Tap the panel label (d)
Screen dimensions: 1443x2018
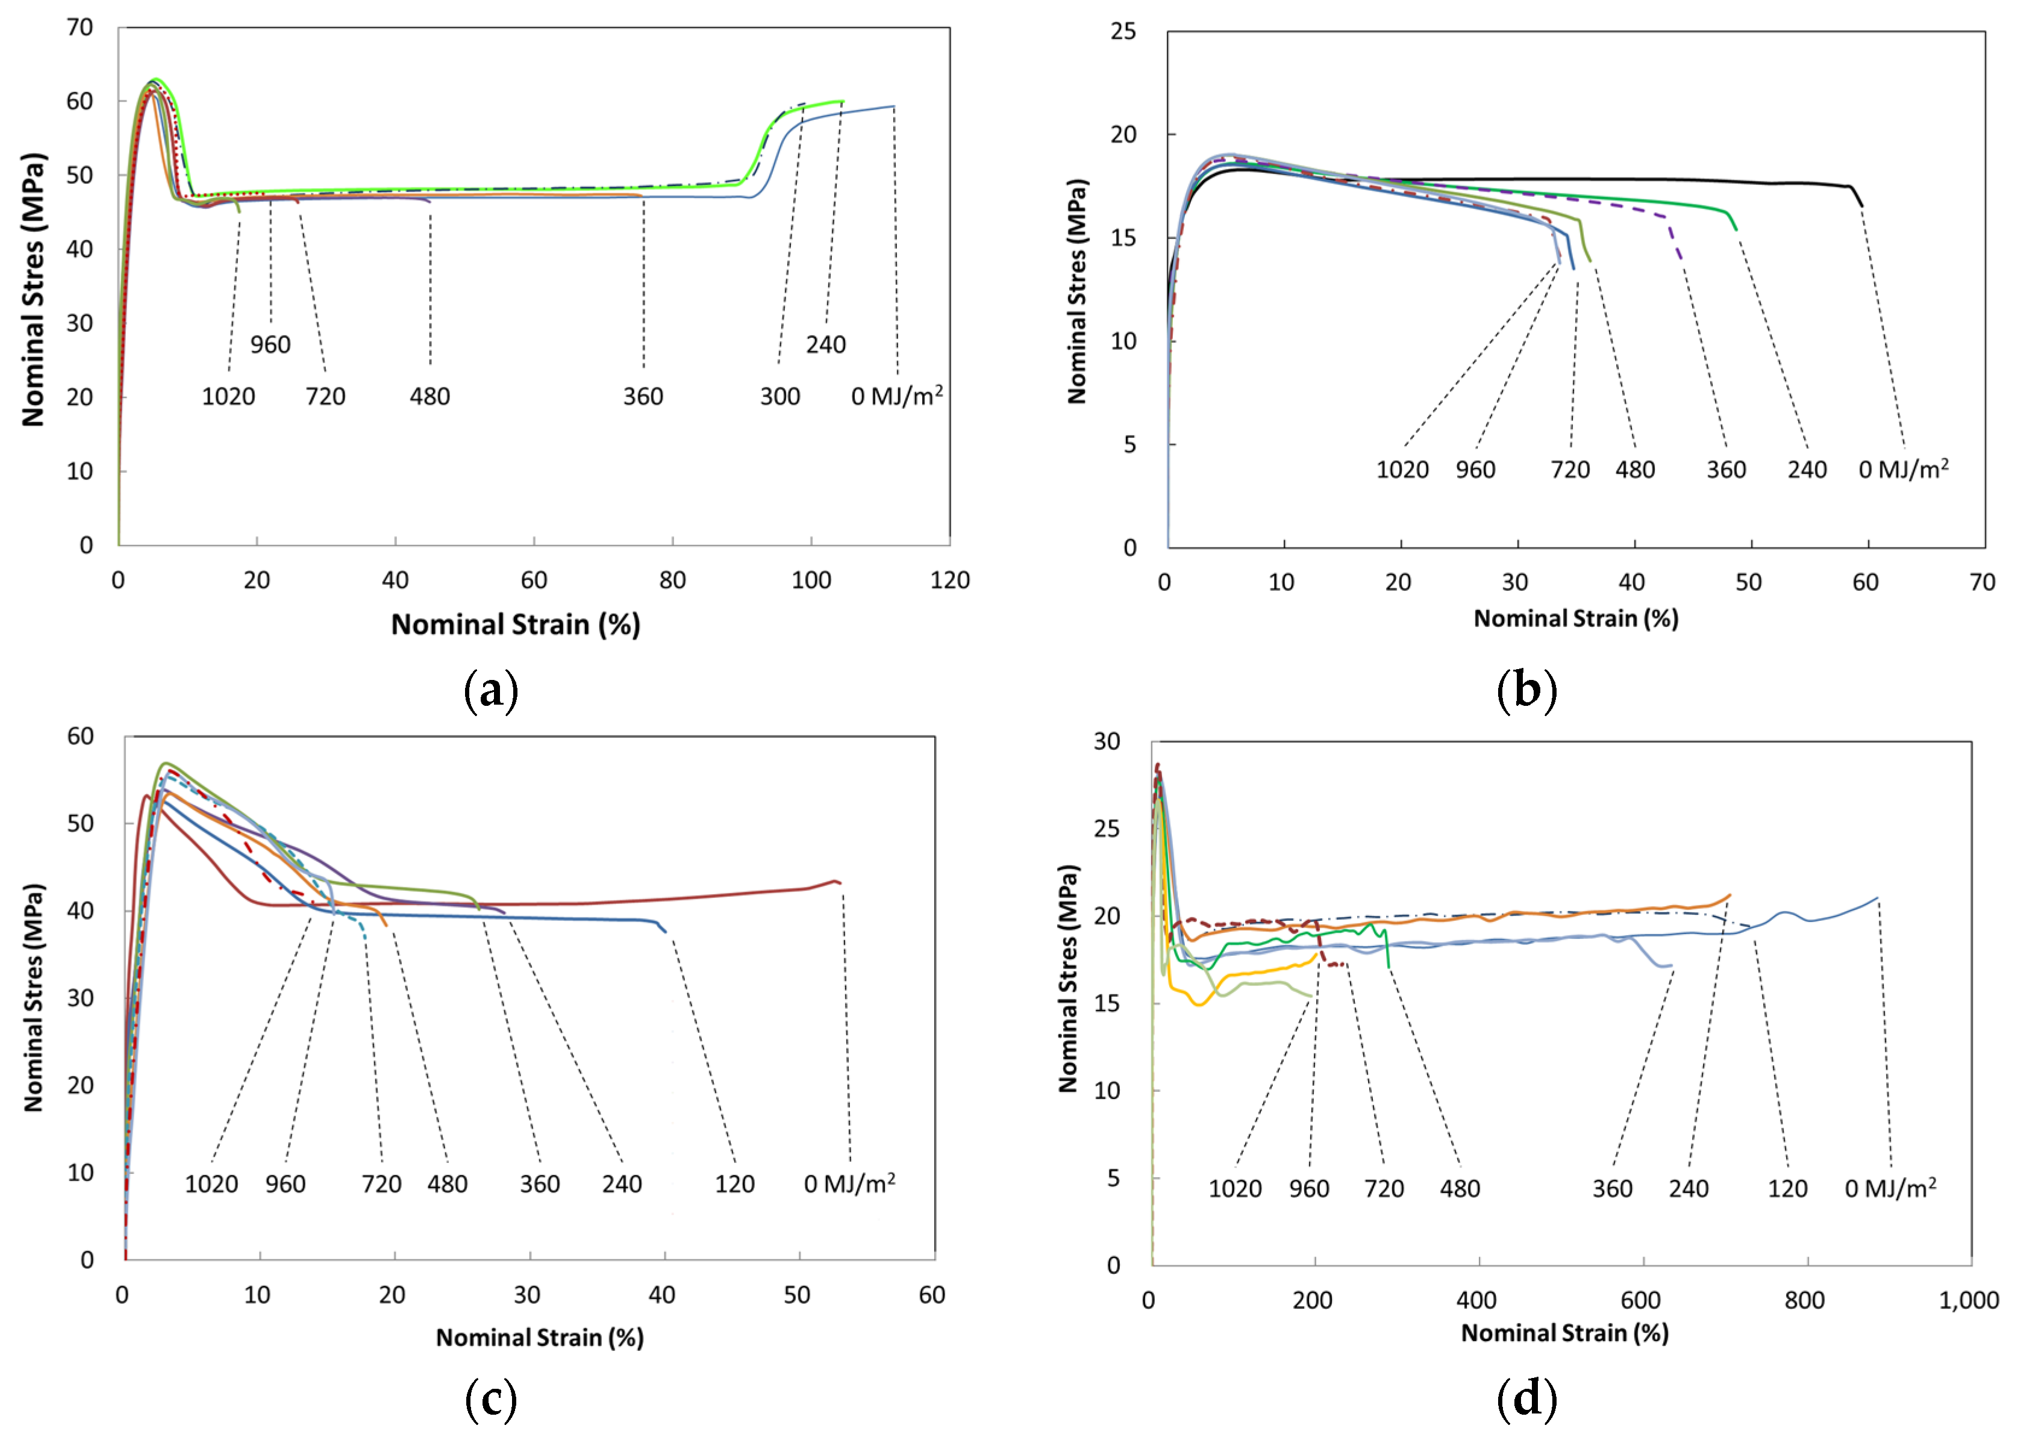1526,1400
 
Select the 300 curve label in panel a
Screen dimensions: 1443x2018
779,396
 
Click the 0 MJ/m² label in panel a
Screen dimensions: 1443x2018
896,396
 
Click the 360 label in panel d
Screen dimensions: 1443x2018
1612,1189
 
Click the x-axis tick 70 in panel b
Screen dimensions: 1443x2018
1982,583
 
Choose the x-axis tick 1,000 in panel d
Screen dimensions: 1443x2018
1968,1301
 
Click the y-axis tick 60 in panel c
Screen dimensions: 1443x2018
80,736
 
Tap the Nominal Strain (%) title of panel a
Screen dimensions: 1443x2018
516,625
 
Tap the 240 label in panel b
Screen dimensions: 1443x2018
1807,470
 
